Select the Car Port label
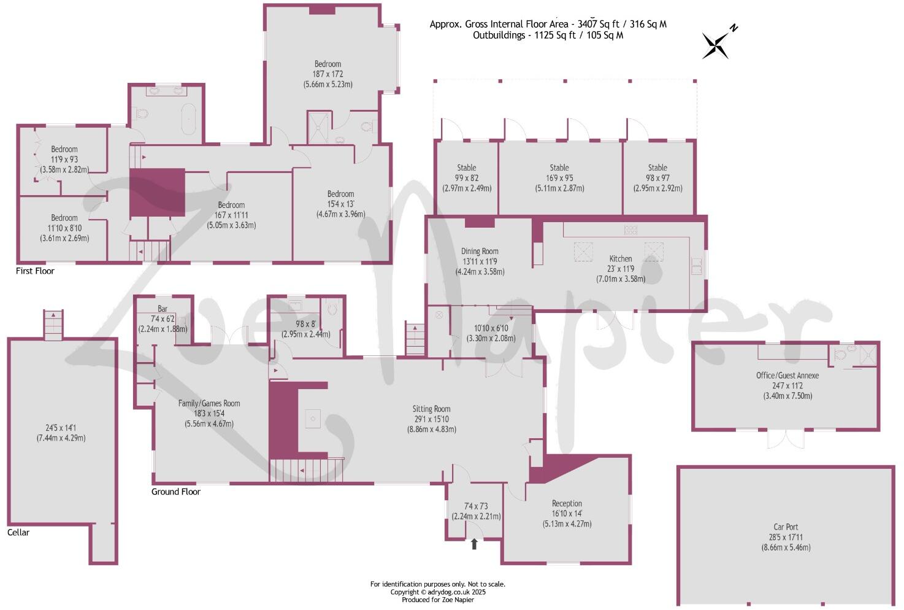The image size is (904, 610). coord(786,527)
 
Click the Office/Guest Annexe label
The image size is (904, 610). coord(787,375)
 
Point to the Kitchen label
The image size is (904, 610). coord(620,258)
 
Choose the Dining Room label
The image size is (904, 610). coord(480,251)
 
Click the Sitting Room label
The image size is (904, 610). coord(431,409)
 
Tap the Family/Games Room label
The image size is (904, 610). coord(209,403)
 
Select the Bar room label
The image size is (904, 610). coord(163,309)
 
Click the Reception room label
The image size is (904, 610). coord(567,503)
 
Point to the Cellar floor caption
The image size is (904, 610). coord(18,532)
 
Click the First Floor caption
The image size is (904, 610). coord(35,271)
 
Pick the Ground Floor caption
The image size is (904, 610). coord(176,492)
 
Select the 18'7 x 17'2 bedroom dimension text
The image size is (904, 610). coord(328,74)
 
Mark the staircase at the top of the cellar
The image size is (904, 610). coord(53,325)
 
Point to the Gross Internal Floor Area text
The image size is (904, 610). coord(548,24)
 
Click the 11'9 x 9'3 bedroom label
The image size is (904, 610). coord(64,149)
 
